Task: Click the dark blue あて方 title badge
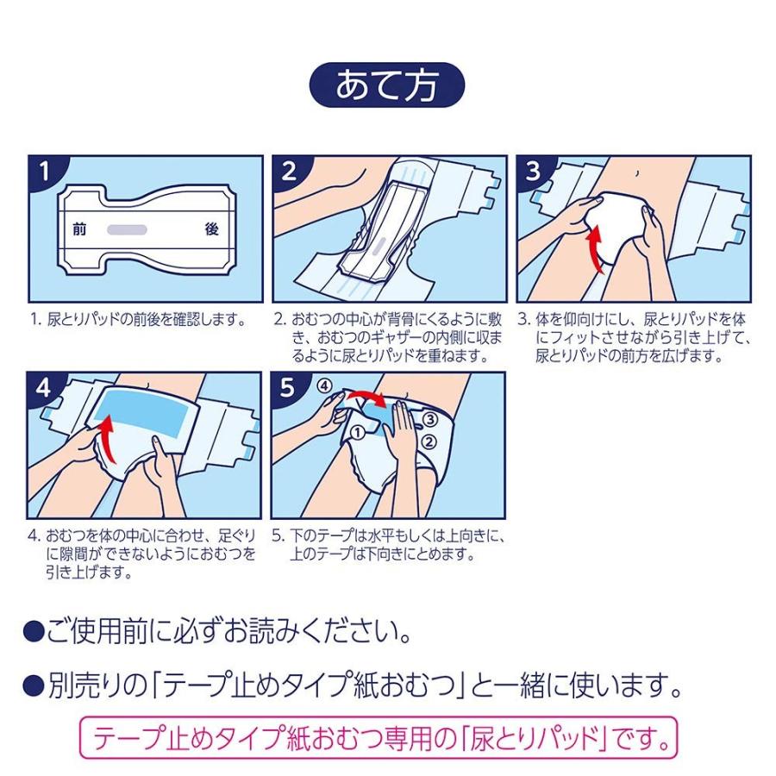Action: (x=386, y=84)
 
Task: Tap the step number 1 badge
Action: (x=44, y=172)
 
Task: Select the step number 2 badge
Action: (x=288, y=172)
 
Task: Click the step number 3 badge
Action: (x=533, y=172)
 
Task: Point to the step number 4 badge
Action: (x=42, y=387)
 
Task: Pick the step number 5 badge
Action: (x=287, y=387)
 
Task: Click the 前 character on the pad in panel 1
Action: (x=79, y=229)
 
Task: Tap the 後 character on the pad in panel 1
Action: (x=212, y=229)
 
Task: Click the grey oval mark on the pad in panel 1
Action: (x=128, y=229)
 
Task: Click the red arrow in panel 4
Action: (x=107, y=441)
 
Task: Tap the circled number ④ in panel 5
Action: (x=323, y=385)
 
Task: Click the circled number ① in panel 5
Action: (x=357, y=434)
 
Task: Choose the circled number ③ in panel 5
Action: (x=429, y=420)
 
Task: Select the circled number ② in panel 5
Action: (x=429, y=441)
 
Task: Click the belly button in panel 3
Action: (x=637, y=172)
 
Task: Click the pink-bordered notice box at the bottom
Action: (x=379, y=738)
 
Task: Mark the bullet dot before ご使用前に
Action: (x=34, y=631)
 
